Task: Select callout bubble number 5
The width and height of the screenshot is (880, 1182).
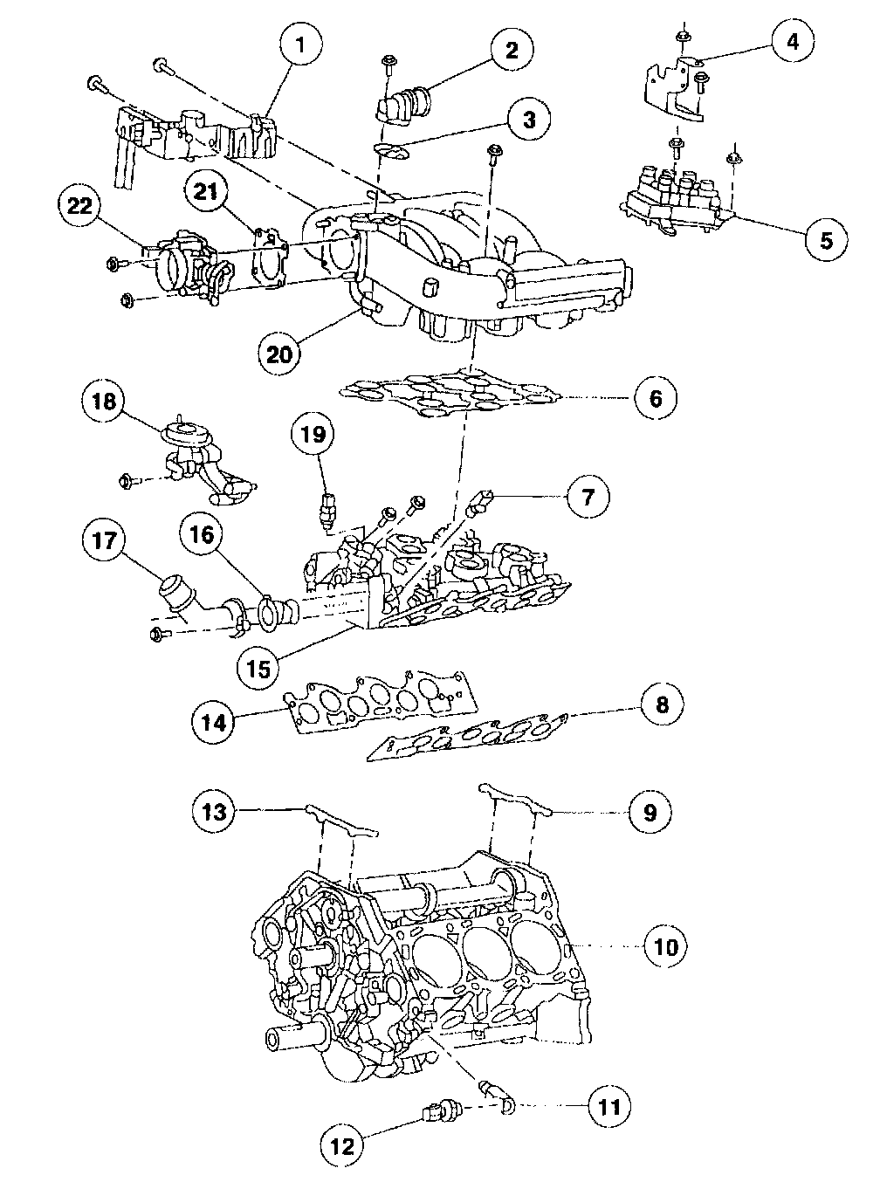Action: (x=825, y=238)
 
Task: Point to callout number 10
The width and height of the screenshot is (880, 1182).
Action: (x=666, y=946)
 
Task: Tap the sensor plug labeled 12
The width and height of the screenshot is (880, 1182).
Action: (x=437, y=1113)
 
